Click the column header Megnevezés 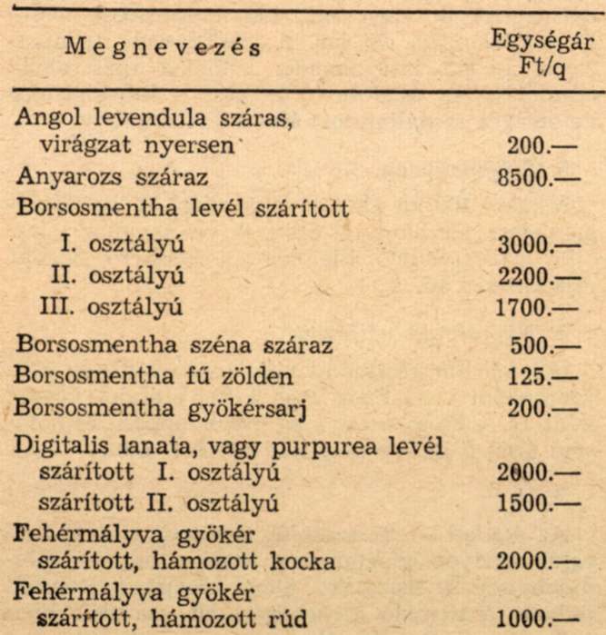click(x=163, y=48)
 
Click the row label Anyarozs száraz click(x=113, y=176)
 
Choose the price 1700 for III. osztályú click(x=537, y=308)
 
